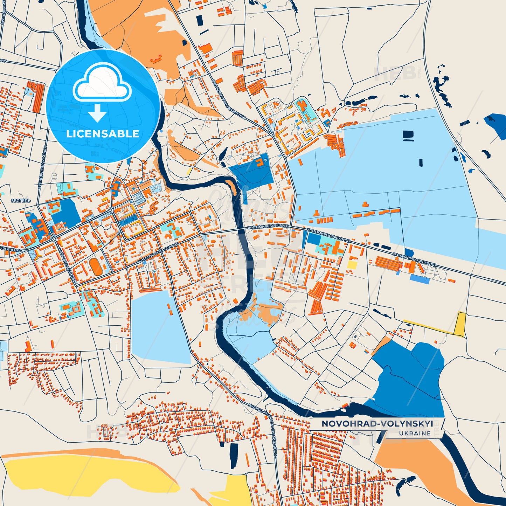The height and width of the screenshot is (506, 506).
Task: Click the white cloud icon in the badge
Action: (x=102, y=83)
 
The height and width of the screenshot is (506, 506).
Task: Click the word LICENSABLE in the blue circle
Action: (x=103, y=134)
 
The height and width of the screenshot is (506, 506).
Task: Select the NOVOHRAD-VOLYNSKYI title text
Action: (x=377, y=424)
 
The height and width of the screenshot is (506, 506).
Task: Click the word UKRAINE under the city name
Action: (x=415, y=433)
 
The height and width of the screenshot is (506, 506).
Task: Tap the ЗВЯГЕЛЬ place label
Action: (x=21, y=201)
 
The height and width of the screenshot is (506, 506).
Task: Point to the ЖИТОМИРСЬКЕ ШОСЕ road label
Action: (x=268, y=227)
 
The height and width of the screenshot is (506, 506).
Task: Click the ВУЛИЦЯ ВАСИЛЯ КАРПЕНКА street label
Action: (x=228, y=99)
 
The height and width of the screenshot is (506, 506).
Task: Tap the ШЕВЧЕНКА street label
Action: (x=11, y=250)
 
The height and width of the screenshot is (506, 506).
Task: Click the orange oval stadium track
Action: (x=95, y=267)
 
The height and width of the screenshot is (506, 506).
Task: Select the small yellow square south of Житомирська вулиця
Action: (x=352, y=264)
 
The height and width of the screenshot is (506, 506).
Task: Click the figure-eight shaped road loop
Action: (x=355, y=336)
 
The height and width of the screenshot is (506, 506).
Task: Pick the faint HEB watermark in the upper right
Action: (x=396, y=74)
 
